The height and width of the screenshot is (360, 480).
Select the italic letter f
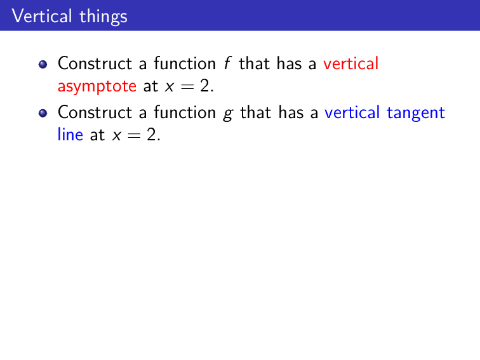228,63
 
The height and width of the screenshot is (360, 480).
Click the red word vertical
351,63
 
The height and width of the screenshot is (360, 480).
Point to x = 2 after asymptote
187,86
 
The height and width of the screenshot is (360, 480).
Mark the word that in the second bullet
256,112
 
